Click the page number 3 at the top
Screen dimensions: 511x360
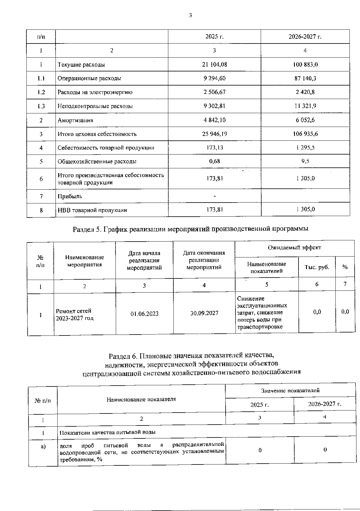click(190, 16)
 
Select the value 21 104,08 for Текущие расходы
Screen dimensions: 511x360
click(214, 65)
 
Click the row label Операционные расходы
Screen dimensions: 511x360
click(89, 78)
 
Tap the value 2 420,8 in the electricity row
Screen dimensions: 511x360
click(305, 92)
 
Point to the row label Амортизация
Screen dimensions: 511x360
click(75, 120)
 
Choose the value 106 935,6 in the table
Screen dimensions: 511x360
click(305, 134)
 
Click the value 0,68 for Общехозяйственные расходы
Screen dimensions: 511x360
click(214, 161)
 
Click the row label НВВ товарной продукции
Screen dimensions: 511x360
click(92, 210)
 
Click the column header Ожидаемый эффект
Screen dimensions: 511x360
click(294, 248)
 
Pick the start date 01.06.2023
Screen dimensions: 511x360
click(144, 314)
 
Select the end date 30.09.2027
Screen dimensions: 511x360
click(204, 313)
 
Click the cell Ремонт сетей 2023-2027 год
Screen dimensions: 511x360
click(74, 314)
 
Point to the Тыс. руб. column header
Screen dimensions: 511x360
click(317, 267)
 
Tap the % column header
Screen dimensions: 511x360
click(345, 267)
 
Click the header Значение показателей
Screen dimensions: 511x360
click(290, 390)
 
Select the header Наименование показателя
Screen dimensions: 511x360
click(141, 399)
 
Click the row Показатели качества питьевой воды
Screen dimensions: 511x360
click(107, 432)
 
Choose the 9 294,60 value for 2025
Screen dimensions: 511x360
click(214, 78)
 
